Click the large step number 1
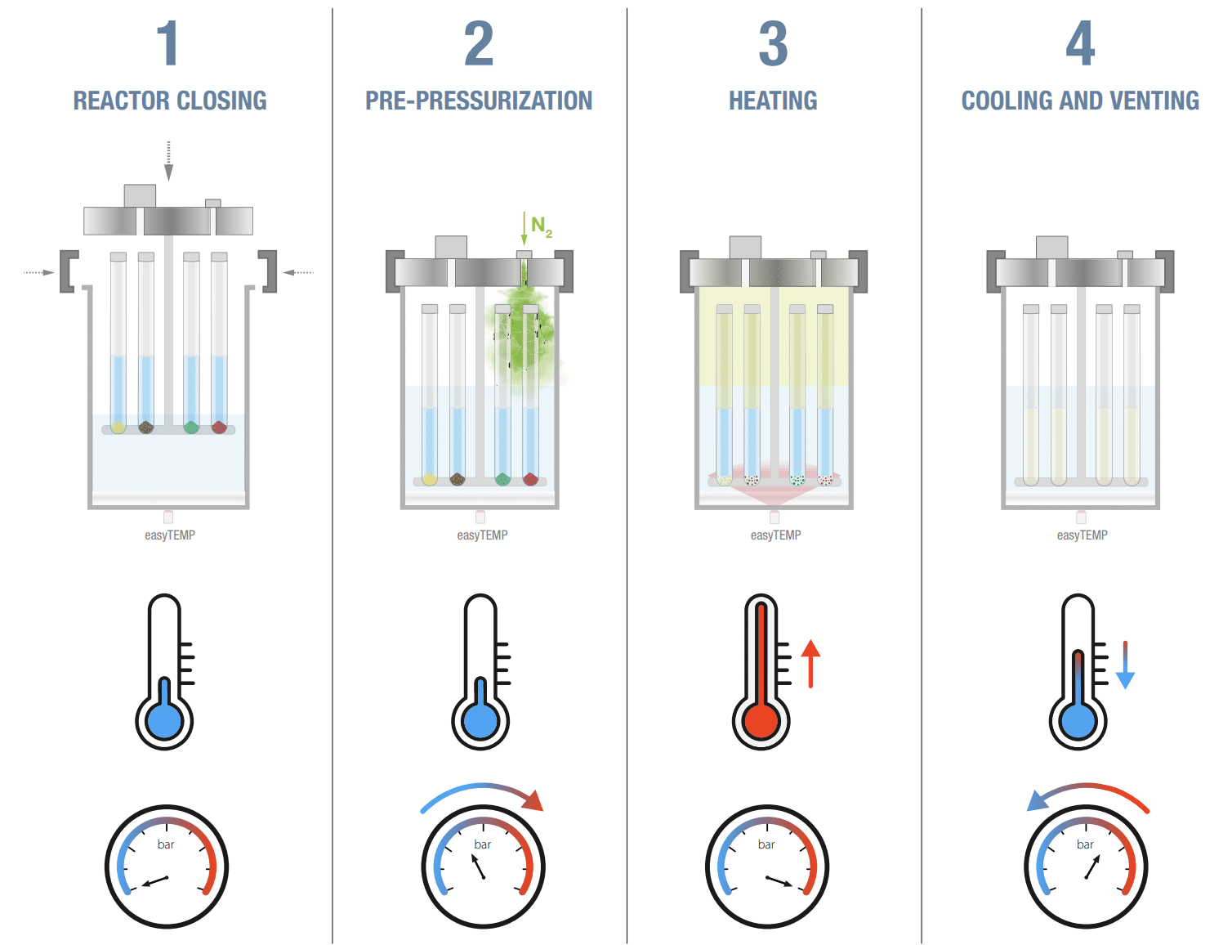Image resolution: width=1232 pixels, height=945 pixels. coord(167,44)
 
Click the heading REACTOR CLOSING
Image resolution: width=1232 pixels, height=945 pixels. coord(170,101)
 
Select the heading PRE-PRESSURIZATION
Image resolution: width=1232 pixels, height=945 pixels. coord(479,101)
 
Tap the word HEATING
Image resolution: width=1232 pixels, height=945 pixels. coord(773,101)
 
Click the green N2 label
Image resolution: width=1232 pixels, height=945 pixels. coord(541,226)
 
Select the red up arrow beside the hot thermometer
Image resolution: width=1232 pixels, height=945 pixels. coord(810,663)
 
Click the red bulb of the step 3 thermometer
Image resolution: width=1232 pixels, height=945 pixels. coord(761,722)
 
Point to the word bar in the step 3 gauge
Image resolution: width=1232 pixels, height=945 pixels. coord(766,844)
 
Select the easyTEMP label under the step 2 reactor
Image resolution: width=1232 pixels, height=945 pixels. coord(482,535)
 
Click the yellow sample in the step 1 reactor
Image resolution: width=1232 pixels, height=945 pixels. coord(118,427)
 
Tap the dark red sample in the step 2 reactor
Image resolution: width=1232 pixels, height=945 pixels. coord(530,479)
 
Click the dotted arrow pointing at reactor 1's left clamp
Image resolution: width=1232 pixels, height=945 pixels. coord(38,272)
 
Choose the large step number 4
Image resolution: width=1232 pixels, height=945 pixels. coord(1080,44)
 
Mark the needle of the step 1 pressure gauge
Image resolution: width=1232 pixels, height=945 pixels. coord(155,882)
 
